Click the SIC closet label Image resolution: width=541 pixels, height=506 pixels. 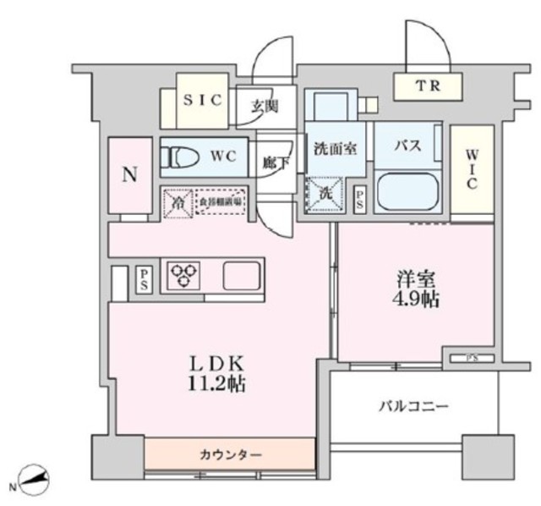coord(204,99)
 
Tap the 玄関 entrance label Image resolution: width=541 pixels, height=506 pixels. coord(265,107)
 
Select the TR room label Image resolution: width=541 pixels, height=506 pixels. coord(426,85)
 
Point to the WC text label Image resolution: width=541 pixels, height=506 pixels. coord(224,157)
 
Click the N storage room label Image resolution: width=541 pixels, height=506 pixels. coord(128,176)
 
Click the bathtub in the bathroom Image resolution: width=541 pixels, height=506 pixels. coord(408,191)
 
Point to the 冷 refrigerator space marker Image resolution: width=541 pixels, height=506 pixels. coord(179,203)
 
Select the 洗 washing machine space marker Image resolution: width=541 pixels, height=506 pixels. coord(325,191)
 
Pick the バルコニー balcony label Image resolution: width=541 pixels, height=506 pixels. coord(413,407)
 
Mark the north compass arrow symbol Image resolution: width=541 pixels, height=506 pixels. coord(35,482)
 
